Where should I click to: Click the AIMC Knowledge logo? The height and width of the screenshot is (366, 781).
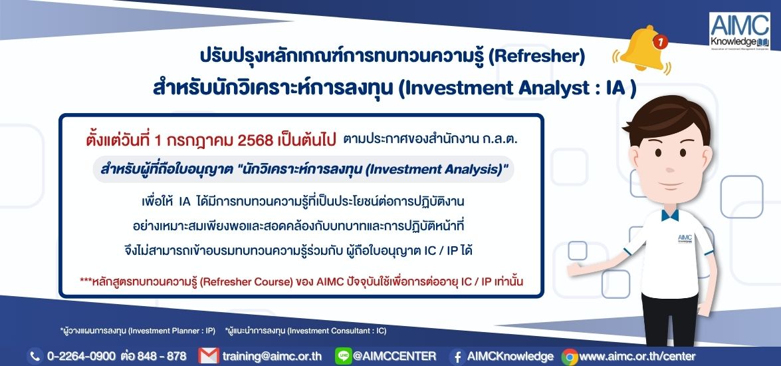click(x=740, y=31)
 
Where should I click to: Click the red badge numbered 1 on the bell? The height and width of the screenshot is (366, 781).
click(x=660, y=43)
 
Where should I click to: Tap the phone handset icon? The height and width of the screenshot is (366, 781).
click(x=35, y=356)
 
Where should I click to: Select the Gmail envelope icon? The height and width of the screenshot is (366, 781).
click(x=208, y=356)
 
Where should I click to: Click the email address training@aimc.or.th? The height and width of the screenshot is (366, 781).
click(x=272, y=356)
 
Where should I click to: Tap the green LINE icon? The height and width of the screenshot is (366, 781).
click(x=343, y=355)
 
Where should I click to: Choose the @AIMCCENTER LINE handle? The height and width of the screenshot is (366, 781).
click(x=394, y=356)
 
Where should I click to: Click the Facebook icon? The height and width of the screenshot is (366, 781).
click(x=457, y=357)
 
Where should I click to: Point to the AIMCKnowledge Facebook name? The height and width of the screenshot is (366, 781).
click(x=510, y=356)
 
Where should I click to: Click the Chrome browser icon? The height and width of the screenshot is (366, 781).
click(x=570, y=357)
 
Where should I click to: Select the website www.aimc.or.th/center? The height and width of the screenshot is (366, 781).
click(x=637, y=356)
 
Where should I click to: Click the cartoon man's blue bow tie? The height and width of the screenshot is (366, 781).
click(x=670, y=215)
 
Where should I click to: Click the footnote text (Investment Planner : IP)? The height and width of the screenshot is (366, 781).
click(x=171, y=330)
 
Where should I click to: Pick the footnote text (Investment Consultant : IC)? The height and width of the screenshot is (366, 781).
click(x=337, y=330)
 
